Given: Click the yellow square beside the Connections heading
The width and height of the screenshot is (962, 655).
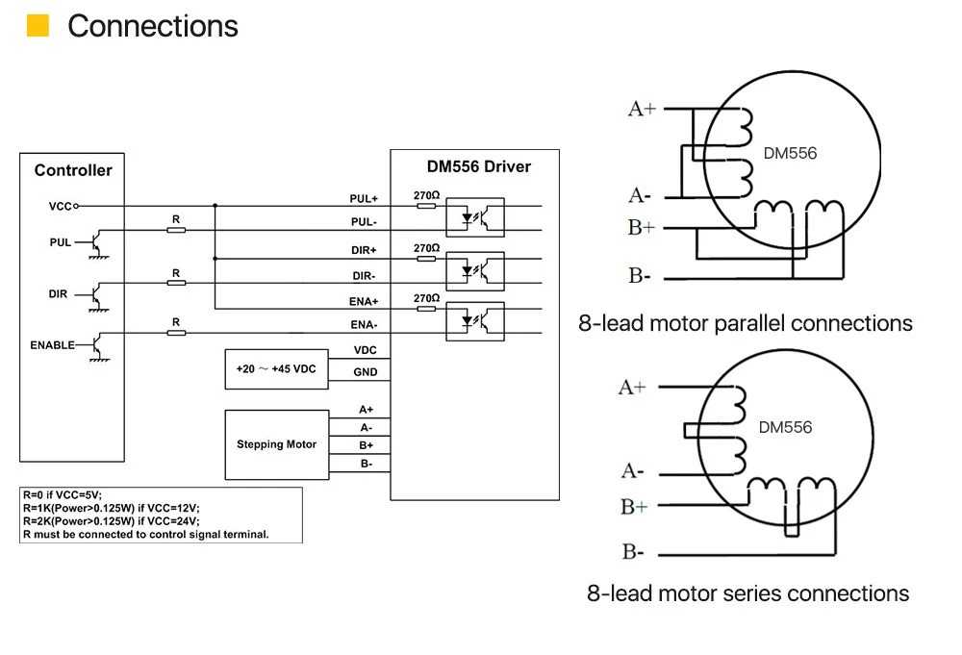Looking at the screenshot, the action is [38, 26].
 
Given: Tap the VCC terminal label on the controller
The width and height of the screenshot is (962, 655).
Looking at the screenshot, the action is [60, 207].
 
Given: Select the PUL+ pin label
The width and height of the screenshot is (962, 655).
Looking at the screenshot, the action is [364, 199].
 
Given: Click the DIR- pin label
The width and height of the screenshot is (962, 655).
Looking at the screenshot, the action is [364, 276].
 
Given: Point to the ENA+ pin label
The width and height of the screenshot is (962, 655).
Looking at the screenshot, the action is [364, 302].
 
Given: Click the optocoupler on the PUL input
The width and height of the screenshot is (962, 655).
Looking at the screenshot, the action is [475, 217].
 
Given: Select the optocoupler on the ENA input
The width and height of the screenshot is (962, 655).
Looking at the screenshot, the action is [475, 321].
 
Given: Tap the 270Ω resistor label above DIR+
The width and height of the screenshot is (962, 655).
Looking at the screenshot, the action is [426, 248].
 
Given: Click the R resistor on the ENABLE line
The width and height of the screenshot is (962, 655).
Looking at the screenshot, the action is [176, 333].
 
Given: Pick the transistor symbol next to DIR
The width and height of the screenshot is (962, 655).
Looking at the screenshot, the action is [97, 297].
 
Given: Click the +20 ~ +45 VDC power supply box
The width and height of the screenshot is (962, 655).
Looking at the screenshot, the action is [277, 369].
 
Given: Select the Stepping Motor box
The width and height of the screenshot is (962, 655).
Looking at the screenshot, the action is [277, 444].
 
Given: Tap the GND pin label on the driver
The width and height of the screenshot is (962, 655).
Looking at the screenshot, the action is [365, 372].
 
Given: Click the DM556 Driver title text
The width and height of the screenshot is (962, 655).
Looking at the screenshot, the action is [478, 166].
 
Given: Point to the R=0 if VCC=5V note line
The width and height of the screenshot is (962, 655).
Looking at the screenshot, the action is [63, 495].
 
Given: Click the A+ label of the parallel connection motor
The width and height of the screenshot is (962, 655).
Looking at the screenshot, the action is [642, 110].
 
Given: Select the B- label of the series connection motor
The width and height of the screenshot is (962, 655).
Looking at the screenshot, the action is [633, 552].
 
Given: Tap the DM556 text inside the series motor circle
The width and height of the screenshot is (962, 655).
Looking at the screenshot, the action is [785, 427].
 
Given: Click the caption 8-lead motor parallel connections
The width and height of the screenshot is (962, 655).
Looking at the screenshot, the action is [746, 323].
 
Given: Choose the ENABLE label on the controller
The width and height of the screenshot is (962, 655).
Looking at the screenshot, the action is [52, 345].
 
